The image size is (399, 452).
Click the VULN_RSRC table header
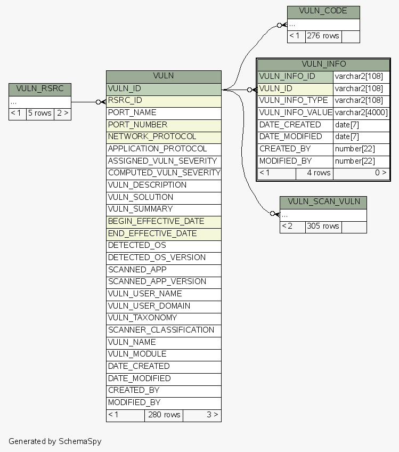click(x=39, y=89)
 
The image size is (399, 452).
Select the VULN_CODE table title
click(x=323, y=12)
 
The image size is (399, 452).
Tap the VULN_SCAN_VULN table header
click(x=323, y=202)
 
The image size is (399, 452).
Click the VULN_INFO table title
click(x=323, y=64)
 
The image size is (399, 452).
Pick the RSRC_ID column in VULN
click(x=163, y=100)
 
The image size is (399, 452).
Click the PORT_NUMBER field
click(x=163, y=125)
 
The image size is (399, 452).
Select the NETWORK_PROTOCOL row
click(x=163, y=137)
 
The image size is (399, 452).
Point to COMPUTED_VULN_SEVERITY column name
click(x=164, y=173)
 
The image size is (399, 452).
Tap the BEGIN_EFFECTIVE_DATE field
click(x=163, y=221)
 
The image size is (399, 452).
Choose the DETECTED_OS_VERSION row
click(x=163, y=257)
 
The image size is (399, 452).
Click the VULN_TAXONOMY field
click(x=163, y=318)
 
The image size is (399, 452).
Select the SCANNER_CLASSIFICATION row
click(x=163, y=330)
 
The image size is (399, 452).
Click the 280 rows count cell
click(x=164, y=415)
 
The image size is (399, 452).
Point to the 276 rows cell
click(x=323, y=36)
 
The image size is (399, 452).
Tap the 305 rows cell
click(x=323, y=226)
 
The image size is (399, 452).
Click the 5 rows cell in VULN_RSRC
click(x=39, y=113)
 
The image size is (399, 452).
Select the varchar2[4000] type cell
click(x=361, y=112)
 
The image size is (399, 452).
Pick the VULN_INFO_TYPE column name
click(x=295, y=100)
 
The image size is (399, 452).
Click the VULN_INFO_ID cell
click(x=295, y=76)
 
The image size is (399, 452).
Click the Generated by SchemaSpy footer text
click(x=55, y=441)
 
